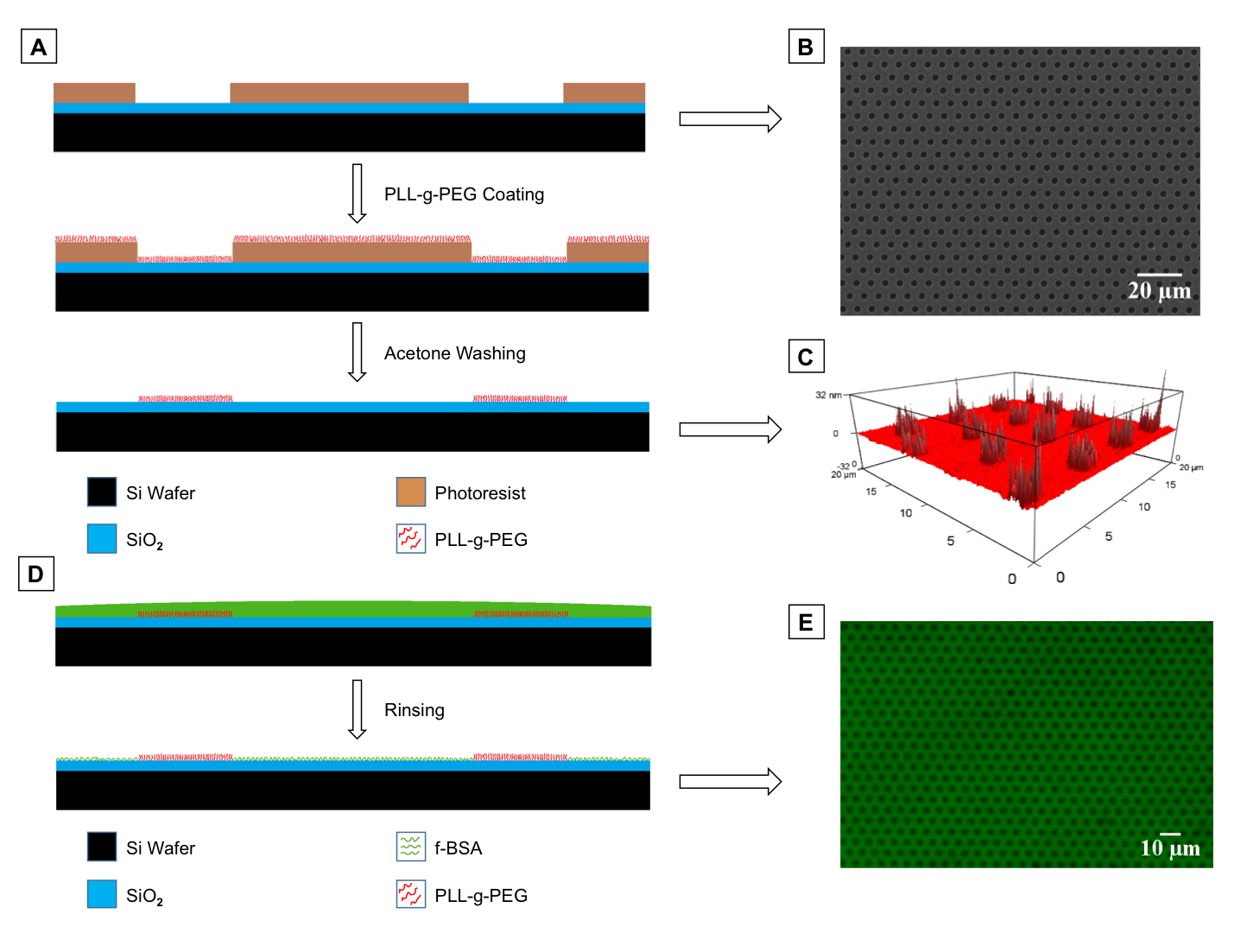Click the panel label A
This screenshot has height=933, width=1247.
click(x=39, y=47)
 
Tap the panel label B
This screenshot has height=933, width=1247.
click(x=806, y=47)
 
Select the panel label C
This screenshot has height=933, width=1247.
click(x=806, y=357)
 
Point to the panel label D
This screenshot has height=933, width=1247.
click(x=36, y=574)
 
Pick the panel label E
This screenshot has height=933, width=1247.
click(x=806, y=622)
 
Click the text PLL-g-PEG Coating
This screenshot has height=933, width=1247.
click(x=464, y=194)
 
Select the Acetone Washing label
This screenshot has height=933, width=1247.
click(x=454, y=353)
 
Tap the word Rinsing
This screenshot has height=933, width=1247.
click(x=415, y=710)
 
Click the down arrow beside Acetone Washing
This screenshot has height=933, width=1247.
click(x=357, y=352)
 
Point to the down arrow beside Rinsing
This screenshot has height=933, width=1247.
click(x=357, y=709)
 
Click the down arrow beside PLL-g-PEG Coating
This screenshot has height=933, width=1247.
click(x=357, y=194)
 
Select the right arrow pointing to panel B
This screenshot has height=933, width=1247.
click(x=730, y=118)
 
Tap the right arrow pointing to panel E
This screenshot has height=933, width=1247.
click(x=730, y=782)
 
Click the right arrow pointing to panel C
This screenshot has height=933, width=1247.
click(x=730, y=429)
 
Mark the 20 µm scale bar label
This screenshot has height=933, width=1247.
click(x=1159, y=291)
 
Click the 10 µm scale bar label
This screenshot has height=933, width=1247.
click(x=1170, y=848)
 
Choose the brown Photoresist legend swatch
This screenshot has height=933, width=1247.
click(x=411, y=492)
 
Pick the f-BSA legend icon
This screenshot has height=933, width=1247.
click(x=411, y=847)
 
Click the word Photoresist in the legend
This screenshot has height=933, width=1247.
click(x=480, y=493)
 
